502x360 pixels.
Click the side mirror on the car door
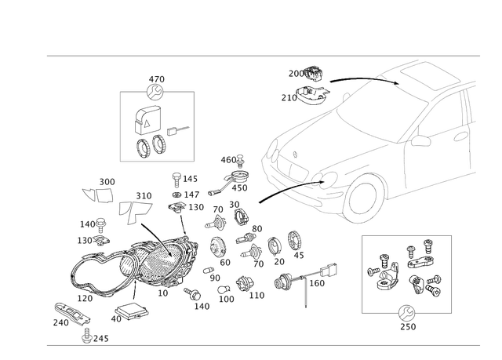424,144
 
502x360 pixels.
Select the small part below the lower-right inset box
408,312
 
